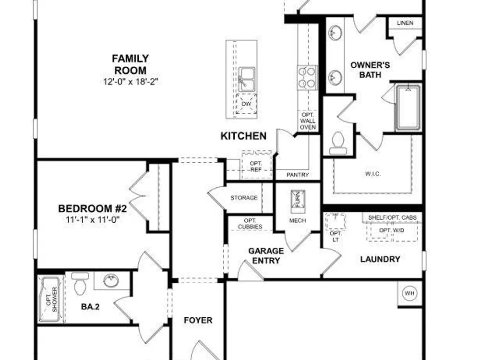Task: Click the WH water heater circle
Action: coord(409,293)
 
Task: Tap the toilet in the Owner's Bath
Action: coord(338,143)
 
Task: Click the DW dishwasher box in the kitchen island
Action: coord(246,104)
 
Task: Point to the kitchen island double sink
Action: coord(247,80)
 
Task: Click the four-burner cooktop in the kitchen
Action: coord(307,78)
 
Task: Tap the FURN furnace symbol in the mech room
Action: coord(298,198)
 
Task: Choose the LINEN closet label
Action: coord(405,23)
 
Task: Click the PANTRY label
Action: coord(298,175)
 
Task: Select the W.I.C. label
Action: coord(373,174)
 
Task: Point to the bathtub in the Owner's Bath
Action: coord(408,108)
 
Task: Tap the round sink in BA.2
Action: coord(111,280)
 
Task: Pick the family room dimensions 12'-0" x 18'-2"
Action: coord(131,82)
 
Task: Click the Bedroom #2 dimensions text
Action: coord(93,219)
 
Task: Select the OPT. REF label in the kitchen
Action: coord(256,166)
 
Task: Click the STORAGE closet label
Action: coord(244,198)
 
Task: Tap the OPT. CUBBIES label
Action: coord(250,224)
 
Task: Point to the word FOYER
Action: coord(198,320)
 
